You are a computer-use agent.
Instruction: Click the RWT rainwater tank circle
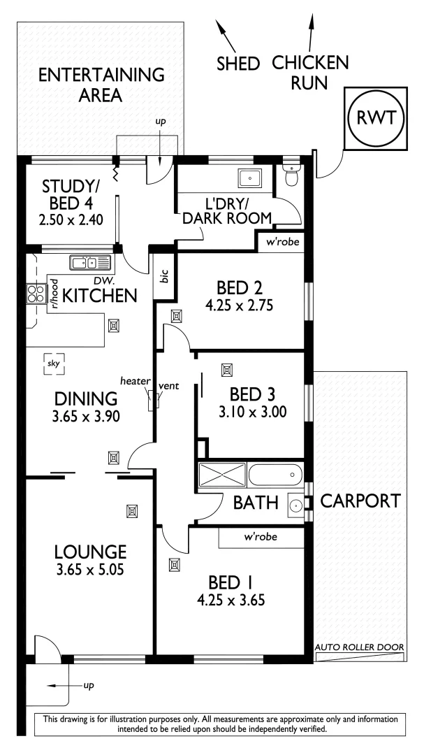click(x=377, y=119)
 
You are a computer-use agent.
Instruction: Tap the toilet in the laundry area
click(x=291, y=174)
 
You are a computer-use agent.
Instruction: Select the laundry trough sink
click(x=249, y=178)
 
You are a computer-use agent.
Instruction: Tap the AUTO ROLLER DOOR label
click(x=359, y=648)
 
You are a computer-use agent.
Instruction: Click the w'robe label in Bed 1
click(x=261, y=538)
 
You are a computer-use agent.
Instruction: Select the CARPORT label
click(x=360, y=501)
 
